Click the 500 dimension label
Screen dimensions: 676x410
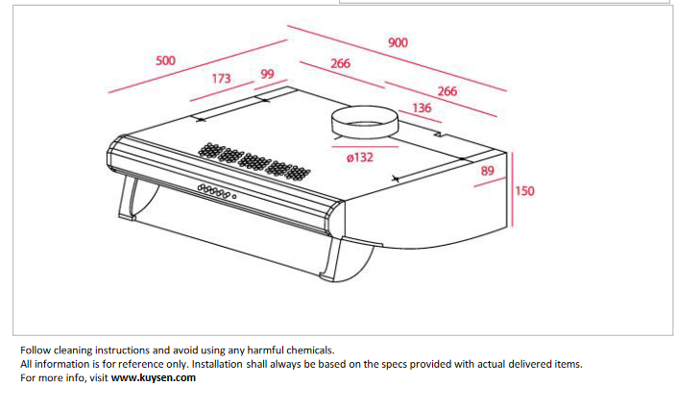[x=165, y=60]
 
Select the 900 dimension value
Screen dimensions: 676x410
[x=398, y=42]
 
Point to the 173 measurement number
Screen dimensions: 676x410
[x=221, y=79]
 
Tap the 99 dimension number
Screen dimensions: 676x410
[x=267, y=74]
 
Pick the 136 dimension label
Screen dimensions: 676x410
[x=422, y=108]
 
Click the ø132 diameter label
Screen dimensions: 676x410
[x=359, y=157]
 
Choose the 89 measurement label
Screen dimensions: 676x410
[x=487, y=171]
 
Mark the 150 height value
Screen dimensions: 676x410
[x=524, y=190]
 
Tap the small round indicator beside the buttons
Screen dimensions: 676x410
[x=234, y=197]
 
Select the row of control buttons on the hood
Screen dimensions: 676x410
[x=213, y=191]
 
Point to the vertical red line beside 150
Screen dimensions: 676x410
[x=512, y=189]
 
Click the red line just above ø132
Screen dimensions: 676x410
[x=365, y=147]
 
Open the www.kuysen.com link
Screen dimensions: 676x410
[x=154, y=377]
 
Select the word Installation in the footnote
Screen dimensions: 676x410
[x=217, y=364]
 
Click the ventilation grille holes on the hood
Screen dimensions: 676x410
[x=253, y=161]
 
